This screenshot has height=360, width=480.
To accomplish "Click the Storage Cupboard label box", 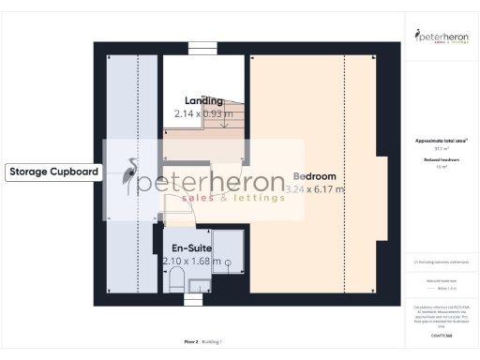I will click(x=53, y=172).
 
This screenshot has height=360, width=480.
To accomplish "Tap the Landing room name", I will click(x=203, y=100).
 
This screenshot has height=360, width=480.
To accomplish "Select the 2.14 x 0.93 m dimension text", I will click(x=203, y=113).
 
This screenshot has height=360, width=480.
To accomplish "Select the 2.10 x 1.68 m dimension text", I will click(x=191, y=261).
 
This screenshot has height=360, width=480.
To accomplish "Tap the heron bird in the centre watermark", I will click(x=129, y=176).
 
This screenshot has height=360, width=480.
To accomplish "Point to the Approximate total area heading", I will click(x=440, y=141).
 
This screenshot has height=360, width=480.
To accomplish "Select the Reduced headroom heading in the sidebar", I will click(x=440, y=160).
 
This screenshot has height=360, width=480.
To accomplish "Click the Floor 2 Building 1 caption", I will click(x=203, y=342).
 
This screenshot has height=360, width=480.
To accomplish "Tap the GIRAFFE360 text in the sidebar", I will click(x=440, y=333).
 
